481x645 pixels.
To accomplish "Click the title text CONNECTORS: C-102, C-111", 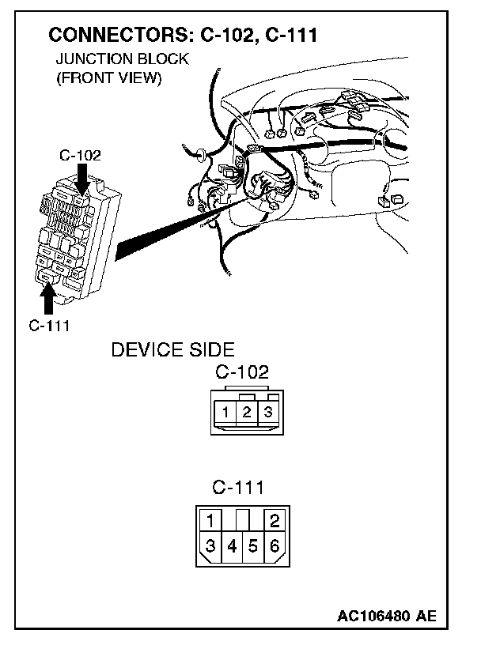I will [184, 36].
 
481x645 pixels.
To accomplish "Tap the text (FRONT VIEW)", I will [108, 78].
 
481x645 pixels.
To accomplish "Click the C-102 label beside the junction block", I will [81, 156].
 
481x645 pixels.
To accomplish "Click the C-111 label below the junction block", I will [49, 325].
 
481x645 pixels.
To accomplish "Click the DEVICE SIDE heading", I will [172, 350].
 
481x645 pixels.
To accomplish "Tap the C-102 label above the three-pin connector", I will [242, 372].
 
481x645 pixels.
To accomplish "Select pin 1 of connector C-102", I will [226, 412].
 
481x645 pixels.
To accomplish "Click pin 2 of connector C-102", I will [247, 412].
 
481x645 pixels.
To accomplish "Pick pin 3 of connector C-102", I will [267, 412].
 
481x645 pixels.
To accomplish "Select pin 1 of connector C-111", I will [210, 520].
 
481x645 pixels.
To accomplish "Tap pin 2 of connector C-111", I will [275, 520].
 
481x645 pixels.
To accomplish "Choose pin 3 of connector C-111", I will [210, 545].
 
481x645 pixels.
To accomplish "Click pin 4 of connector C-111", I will [232, 545].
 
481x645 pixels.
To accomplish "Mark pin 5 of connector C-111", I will [253, 545].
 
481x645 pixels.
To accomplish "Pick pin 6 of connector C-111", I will [275, 545].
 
